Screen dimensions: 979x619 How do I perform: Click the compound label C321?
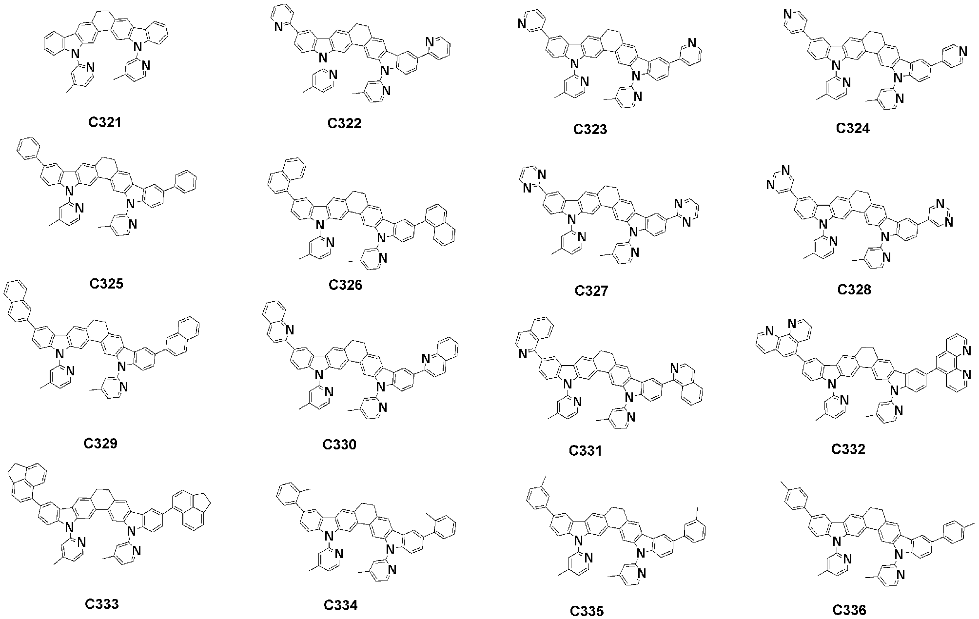pos(105,122)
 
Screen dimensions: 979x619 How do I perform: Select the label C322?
pos(345,123)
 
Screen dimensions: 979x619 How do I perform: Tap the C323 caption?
pos(590,129)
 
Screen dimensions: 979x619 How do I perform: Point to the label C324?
pos(853,128)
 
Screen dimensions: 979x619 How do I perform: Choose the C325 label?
pos(106,283)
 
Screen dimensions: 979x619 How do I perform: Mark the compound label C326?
pos(346,285)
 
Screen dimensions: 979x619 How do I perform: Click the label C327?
pos(591,291)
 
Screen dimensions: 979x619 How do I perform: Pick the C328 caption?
pos(854,290)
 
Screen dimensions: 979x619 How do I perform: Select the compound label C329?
pos(100,444)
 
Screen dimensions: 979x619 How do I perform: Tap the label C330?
pos(339,445)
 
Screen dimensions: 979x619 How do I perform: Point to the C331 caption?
pos(586,451)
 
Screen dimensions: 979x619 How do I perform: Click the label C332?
pos(848,449)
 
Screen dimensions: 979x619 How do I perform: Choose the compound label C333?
pos(102,604)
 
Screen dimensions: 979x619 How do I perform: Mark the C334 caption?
pos(341,605)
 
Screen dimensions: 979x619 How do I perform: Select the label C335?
pos(587,611)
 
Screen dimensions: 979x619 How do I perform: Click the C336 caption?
pos(849,609)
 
